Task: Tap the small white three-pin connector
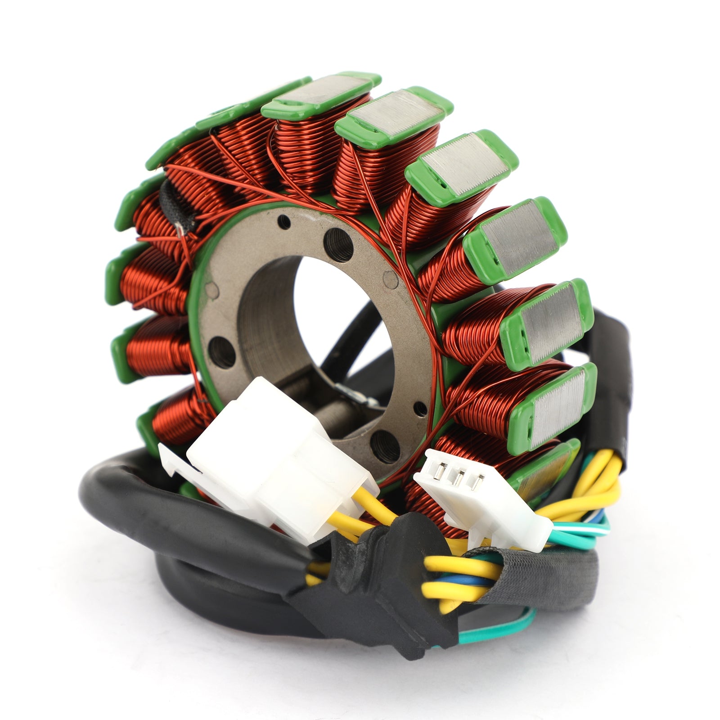tap(481, 499)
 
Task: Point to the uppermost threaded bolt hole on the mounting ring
tap(338, 244)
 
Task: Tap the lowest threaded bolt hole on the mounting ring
tap(385, 446)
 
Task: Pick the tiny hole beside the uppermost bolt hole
tap(284, 221)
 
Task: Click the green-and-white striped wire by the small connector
tap(580, 531)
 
